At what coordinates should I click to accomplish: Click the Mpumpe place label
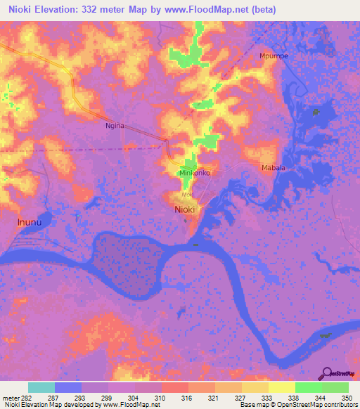pyautogui.click(x=274, y=56)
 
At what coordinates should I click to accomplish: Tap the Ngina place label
pyautogui.click(x=115, y=125)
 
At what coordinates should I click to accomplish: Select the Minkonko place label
pyautogui.click(x=192, y=172)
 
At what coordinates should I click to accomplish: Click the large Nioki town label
pyautogui.click(x=185, y=209)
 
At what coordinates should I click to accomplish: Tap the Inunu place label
pyautogui.click(x=27, y=221)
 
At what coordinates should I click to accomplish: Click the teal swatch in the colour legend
pyautogui.click(x=41, y=387)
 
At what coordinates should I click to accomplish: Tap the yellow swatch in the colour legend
pyautogui.click(x=281, y=387)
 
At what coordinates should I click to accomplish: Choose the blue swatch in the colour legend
pyautogui.click(x=68, y=387)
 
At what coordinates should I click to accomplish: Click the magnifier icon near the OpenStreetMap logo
pyautogui.click(x=328, y=373)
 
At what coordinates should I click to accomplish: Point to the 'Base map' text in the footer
pyautogui.click(x=255, y=405)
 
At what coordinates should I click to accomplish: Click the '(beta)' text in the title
pyautogui.click(x=261, y=10)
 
